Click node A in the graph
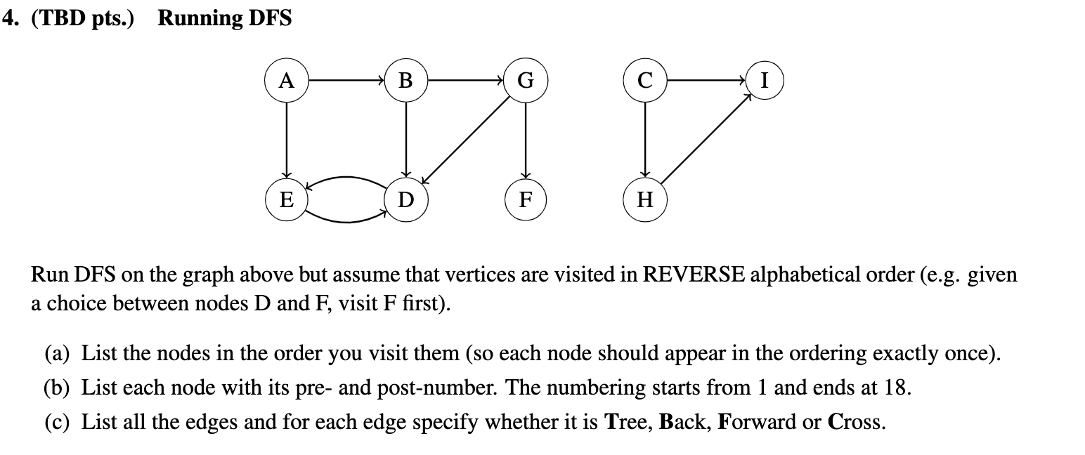click(x=286, y=81)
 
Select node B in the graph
click(x=405, y=81)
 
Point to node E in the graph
click(x=286, y=200)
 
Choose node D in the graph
click(x=405, y=200)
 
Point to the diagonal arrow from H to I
click(x=704, y=140)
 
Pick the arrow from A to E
click(x=286, y=140)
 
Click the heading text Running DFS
click(x=224, y=18)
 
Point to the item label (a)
click(x=58, y=354)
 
